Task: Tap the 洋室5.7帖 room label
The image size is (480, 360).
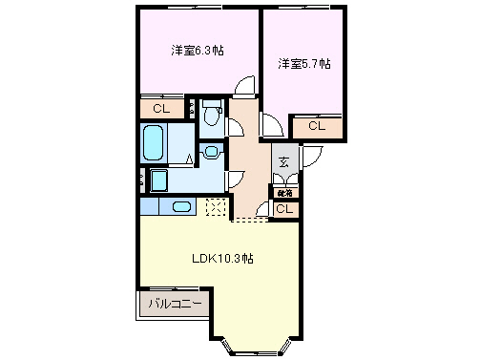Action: [x=304, y=64]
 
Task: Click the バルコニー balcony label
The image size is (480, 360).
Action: [x=175, y=305]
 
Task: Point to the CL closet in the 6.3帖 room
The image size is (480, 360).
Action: [x=161, y=109]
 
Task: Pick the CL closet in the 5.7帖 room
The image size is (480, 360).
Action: [x=317, y=125]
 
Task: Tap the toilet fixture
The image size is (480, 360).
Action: [x=212, y=108]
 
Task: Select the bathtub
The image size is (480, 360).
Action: [x=155, y=144]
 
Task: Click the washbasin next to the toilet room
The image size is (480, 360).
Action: [x=211, y=150]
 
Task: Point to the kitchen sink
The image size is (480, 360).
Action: [x=181, y=206]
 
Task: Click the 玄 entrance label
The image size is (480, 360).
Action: [x=284, y=161]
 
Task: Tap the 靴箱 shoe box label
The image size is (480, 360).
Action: [x=284, y=193]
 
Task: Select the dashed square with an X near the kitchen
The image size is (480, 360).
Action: [x=216, y=207]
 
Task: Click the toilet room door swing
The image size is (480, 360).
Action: [x=233, y=127]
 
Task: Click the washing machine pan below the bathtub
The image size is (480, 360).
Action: [x=158, y=181]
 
